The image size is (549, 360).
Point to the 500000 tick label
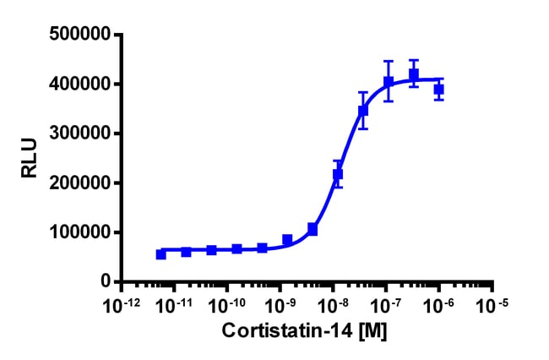(82, 35)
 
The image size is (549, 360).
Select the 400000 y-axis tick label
(82, 85)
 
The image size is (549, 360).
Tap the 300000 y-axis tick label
(82, 134)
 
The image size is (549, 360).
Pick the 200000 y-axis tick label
(82, 183)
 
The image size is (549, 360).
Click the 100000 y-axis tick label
(82, 232)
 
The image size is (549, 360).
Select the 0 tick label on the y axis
(106, 281)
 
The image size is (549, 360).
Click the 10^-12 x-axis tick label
(118, 303)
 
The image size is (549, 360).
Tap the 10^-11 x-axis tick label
(171, 303)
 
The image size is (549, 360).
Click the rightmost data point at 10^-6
(439, 89)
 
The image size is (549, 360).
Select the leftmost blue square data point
(161, 254)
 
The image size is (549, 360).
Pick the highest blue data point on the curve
(414, 74)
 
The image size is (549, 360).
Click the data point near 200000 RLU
(338, 174)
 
